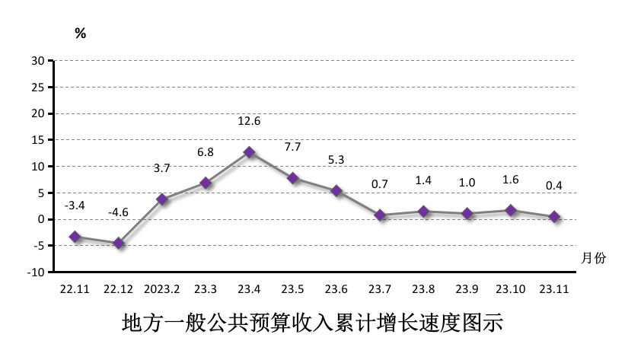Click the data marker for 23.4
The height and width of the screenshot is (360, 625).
pyautogui.click(x=249, y=152)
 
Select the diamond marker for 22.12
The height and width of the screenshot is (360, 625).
pyautogui.click(x=119, y=243)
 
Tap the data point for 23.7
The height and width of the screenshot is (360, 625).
pyautogui.click(x=381, y=215)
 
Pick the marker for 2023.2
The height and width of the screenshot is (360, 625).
pyautogui.click(x=162, y=199)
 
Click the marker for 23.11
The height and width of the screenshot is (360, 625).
pyautogui.click(x=555, y=217)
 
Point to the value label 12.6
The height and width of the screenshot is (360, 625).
pyautogui.click(x=249, y=120)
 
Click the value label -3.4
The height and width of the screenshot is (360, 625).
pyautogui.click(x=74, y=205)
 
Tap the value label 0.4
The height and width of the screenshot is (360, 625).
pyautogui.click(x=555, y=185)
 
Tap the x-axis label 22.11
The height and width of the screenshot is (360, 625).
pyautogui.click(x=75, y=290)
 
